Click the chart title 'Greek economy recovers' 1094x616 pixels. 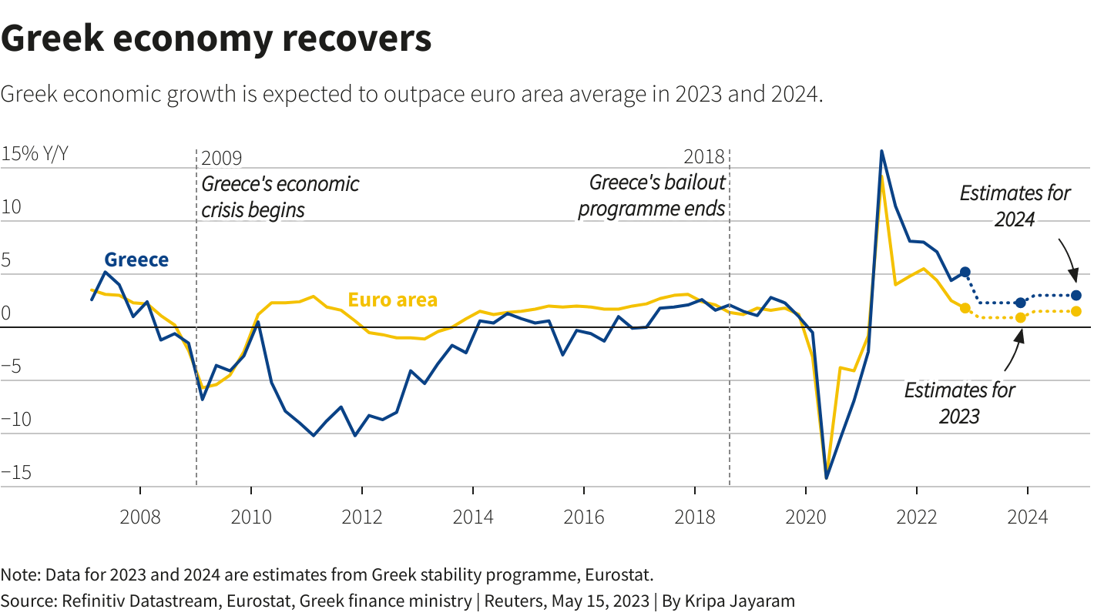click(216, 38)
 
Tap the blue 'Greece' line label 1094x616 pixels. click(136, 260)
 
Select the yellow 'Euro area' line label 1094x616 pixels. click(393, 300)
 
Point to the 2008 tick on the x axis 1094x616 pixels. click(140, 516)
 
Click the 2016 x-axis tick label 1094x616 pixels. click(584, 516)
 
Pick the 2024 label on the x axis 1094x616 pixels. click(1027, 516)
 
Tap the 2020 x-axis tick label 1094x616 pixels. click(806, 516)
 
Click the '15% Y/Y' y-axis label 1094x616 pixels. click(35, 154)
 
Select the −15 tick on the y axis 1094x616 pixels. click(16, 472)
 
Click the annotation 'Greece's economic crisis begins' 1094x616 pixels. click(280, 197)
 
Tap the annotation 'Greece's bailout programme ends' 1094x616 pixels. click(652, 196)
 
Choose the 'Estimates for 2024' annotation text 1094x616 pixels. click(1015, 206)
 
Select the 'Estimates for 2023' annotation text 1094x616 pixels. click(959, 403)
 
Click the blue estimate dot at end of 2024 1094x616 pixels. click(1076, 295)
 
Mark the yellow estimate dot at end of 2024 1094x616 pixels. click(1076, 311)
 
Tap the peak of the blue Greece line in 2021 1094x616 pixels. click(881, 152)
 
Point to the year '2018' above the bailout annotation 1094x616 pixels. click(705, 158)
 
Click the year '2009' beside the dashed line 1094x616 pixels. click(221, 159)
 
